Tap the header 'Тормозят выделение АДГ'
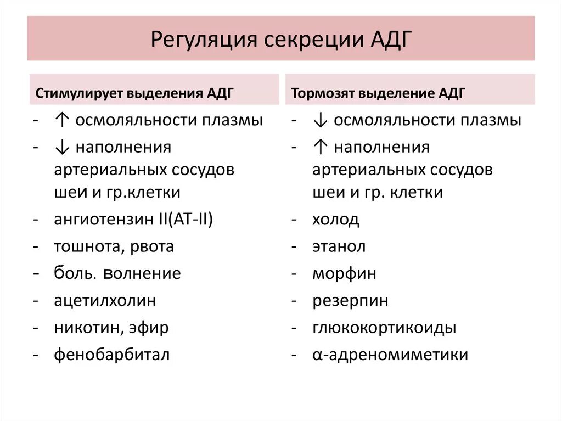click(x=378, y=93)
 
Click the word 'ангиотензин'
click(x=104, y=220)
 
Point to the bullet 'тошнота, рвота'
click(x=114, y=246)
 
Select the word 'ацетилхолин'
click(x=105, y=300)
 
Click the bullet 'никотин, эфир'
click(x=111, y=328)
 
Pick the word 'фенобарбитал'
click(x=112, y=355)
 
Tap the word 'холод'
click(x=336, y=220)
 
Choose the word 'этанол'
click(x=339, y=246)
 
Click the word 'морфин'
click(x=344, y=273)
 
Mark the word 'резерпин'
click(x=350, y=300)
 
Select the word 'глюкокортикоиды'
click(x=384, y=328)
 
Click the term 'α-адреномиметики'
click(x=390, y=355)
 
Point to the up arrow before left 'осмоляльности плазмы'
click(x=61, y=120)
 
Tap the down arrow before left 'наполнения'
click(x=61, y=147)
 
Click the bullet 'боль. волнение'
click(x=117, y=273)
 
